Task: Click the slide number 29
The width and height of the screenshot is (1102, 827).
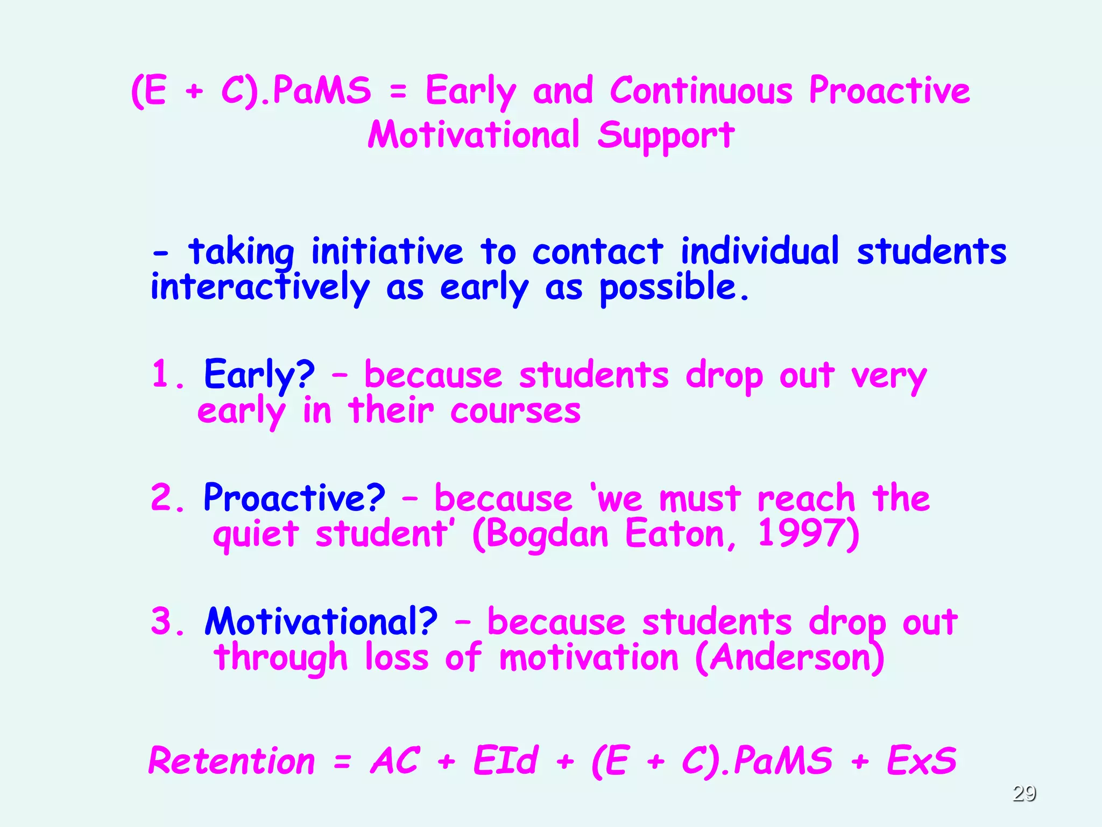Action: click(1024, 793)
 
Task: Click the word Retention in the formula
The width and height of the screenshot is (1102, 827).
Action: click(231, 761)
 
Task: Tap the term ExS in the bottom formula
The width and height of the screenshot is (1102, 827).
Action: click(921, 760)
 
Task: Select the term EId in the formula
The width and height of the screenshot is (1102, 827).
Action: click(505, 760)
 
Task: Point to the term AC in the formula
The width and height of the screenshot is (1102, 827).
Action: click(394, 760)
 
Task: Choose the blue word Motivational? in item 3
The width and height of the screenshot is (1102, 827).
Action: click(321, 621)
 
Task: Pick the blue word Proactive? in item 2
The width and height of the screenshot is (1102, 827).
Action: click(294, 497)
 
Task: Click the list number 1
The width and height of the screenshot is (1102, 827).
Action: click(162, 375)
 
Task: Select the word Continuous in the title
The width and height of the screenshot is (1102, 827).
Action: click(701, 90)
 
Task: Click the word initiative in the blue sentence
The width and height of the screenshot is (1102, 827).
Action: click(387, 251)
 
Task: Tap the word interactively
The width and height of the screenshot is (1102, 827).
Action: click(260, 288)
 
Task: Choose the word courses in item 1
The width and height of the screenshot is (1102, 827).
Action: click(515, 411)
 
